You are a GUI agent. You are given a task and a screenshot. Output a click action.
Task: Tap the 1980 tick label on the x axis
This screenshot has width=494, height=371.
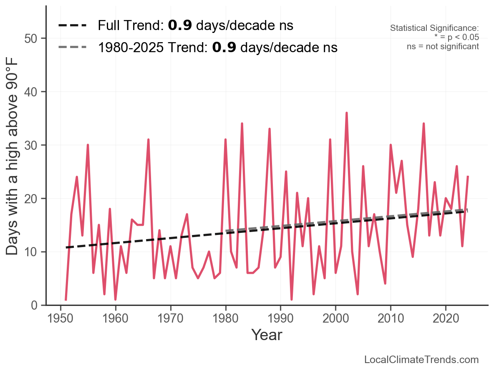tap(226, 319)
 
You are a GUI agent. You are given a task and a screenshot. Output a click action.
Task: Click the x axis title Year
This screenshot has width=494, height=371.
tap(267, 335)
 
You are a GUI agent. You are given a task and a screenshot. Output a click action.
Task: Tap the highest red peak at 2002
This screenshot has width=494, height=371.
tap(346, 113)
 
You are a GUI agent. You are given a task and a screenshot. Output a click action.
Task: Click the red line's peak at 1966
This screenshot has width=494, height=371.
tap(148, 140)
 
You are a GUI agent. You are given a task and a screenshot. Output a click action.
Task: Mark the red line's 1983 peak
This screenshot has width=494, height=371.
tap(242, 124)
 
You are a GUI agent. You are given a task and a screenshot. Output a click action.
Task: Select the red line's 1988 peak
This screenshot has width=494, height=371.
tap(270, 129)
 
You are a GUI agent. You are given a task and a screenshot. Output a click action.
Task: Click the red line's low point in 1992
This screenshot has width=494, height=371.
tap(292, 299)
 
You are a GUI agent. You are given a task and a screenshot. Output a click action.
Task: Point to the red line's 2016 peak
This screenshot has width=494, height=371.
tap(423, 124)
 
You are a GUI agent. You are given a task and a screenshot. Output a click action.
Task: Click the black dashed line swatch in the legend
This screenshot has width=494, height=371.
tap(72, 25)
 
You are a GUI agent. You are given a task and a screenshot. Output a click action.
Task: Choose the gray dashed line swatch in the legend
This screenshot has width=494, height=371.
tap(72, 47)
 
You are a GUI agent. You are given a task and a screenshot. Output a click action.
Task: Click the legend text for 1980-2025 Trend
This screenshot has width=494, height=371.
tap(217, 48)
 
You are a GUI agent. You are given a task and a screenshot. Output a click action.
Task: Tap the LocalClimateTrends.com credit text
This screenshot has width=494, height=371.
tap(421, 360)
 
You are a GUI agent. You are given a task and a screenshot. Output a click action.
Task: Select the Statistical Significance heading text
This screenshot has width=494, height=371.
tap(434, 28)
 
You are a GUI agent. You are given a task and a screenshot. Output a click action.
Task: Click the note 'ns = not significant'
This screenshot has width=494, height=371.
tap(443, 46)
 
